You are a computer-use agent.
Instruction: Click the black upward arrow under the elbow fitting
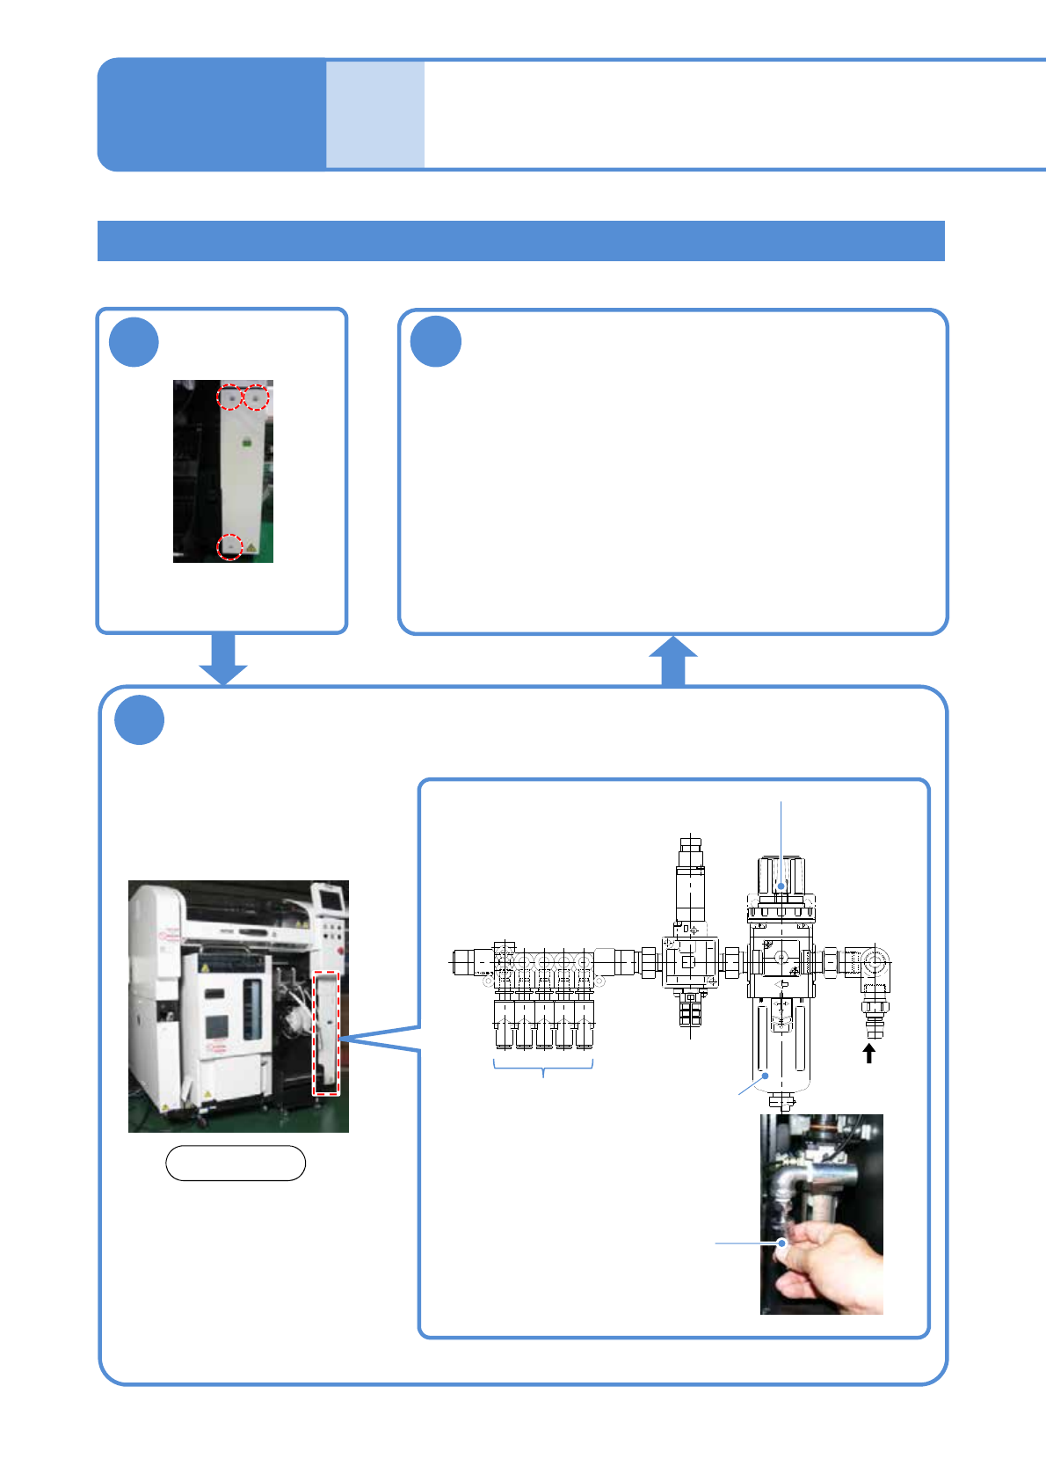coord(869,1053)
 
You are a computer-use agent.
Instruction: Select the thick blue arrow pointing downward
coord(223,659)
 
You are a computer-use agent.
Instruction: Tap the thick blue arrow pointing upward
coord(673,660)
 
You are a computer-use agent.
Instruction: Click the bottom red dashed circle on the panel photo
coord(229,547)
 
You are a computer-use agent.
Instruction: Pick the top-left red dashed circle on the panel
coord(229,398)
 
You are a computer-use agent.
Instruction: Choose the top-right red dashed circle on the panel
coord(256,398)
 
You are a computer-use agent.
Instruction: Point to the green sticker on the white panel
coord(247,441)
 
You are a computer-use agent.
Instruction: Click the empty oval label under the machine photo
coord(236,1163)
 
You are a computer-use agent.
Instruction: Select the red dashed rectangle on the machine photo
coord(326,1032)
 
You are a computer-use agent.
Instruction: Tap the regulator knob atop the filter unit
coord(781,875)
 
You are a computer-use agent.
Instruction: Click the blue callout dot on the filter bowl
coord(766,1076)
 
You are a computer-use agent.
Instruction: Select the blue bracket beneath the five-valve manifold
coord(544,1067)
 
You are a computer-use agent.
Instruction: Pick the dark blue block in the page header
coord(212,114)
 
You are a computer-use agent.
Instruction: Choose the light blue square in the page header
coord(375,114)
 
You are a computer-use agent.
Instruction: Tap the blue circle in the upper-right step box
coord(436,342)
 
